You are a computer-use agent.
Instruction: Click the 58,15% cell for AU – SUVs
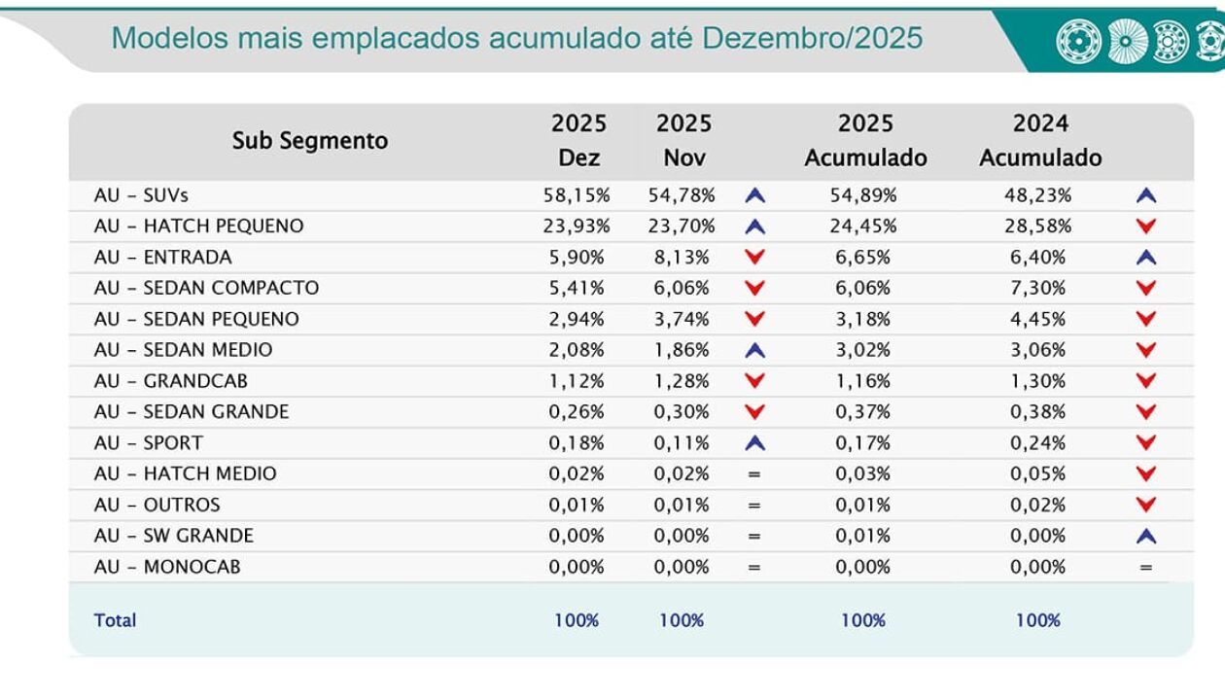coord(577,195)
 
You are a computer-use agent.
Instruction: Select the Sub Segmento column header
coord(309,140)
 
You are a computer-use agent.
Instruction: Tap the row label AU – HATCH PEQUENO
coord(198,227)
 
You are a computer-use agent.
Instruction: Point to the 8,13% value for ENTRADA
coord(682,258)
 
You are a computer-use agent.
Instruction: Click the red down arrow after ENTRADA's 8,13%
coord(754,258)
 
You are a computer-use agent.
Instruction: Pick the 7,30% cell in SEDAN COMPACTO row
coord(1037,289)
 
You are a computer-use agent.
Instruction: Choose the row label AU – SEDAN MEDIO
coord(183,350)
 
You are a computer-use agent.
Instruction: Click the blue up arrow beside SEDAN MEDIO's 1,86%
coord(754,350)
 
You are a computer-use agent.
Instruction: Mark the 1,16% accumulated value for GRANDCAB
coord(863,381)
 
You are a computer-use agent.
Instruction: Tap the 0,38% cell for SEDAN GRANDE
coord(1037,412)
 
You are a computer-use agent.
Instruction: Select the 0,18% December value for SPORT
coord(577,443)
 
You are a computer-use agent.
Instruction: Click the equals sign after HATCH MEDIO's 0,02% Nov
coord(754,474)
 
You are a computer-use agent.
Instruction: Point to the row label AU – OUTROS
coord(157,506)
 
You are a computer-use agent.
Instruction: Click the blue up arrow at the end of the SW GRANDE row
coord(1146,536)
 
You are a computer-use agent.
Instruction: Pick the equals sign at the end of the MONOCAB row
coord(1146,567)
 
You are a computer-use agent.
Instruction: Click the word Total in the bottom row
coord(115,620)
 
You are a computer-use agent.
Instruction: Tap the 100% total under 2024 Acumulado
coord(1037,620)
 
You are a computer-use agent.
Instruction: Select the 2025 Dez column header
coord(578,140)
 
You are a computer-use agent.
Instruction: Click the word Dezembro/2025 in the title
coord(812,38)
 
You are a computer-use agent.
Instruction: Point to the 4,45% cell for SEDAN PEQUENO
coord(1037,319)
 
